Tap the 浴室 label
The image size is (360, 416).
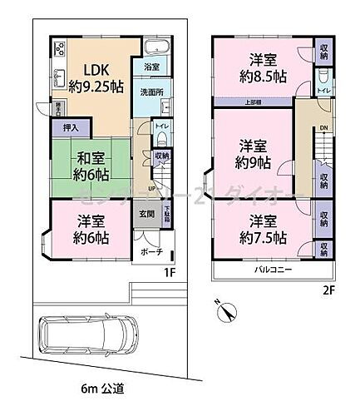point(151,67)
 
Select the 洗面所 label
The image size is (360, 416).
point(152,92)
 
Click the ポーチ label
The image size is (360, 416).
point(151,251)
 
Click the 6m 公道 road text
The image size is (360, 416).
point(103,389)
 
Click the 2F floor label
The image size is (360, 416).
point(330,290)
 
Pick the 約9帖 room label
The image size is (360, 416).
point(255,160)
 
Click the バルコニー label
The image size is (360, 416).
point(271,271)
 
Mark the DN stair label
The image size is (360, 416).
point(324,129)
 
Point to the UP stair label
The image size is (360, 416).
point(150,188)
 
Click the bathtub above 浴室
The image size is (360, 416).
point(155,46)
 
